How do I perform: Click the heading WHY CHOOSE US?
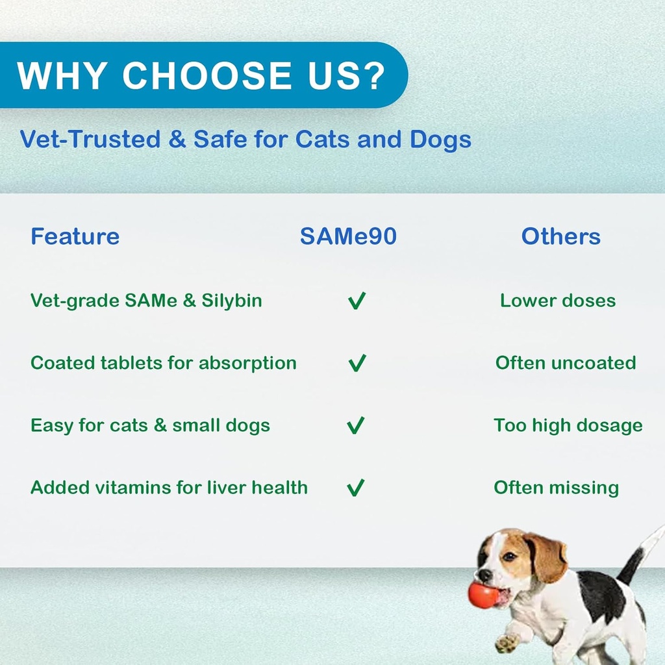[201, 75]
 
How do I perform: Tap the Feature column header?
[75, 236]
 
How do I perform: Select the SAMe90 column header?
[348, 236]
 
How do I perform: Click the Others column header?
[560, 236]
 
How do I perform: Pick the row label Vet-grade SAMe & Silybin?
[146, 301]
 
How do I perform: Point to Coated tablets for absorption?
[163, 363]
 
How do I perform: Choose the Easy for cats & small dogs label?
[150, 425]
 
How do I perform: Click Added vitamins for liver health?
[169, 488]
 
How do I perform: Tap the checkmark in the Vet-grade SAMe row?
[357, 301]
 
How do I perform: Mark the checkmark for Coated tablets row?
[357, 363]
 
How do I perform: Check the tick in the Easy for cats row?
[356, 425]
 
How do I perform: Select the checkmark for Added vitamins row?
[356, 488]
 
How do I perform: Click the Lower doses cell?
[558, 301]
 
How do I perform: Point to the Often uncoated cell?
[566, 363]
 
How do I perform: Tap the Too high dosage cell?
[568, 425]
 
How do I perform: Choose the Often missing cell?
[556, 488]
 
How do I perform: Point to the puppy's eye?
[509, 557]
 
